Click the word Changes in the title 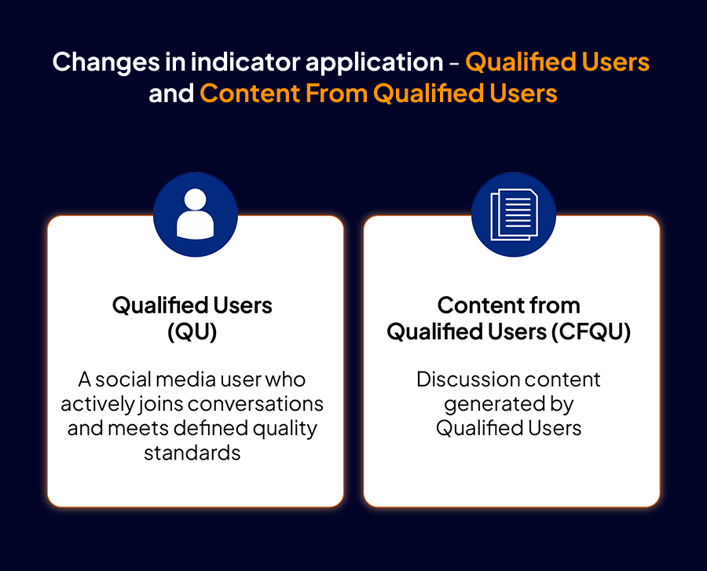pyautogui.click(x=105, y=63)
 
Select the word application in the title pyautogui.click(x=374, y=63)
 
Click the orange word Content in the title pyautogui.click(x=250, y=93)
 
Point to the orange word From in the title pyautogui.click(x=335, y=93)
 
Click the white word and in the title pyautogui.click(x=171, y=93)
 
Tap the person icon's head pyautogui.click(x=196, y=199)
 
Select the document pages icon pyautogui.click(x=514, y=214)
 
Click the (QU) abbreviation pyautogui.click(x=192, y=332)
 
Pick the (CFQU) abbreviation pyautogui.click(x=589, y=332)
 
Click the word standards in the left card pyautogui.click(x=192, y=453)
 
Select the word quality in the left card pyautogui.click(x=285, y=429)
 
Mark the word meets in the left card pyautogui.click(x=138, y=429)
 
